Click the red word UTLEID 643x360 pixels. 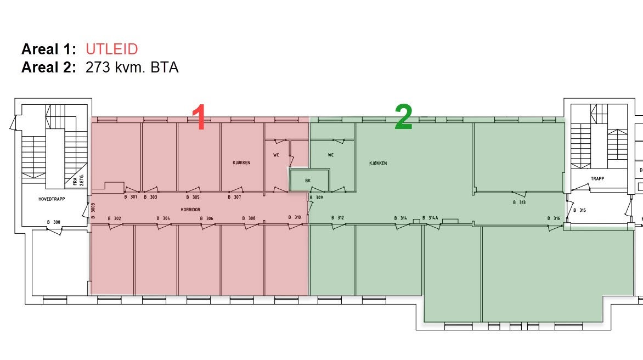(111, 49)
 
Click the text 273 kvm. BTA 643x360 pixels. (132, 67)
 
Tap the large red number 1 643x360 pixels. (199, 117)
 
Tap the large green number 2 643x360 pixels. (403, 117)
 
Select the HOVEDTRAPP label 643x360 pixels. (52, 199)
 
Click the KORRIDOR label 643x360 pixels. (191, 210)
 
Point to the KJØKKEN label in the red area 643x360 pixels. (241, 163)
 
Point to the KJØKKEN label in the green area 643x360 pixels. (378, 163)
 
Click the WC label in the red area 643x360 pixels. (276, 155)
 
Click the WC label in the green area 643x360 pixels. (331, 155)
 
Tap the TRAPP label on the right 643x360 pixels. (597, 179)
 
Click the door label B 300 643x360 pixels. (54, 222)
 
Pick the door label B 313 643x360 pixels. (519, 203)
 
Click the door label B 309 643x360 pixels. (316, 198)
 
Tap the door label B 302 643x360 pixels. (115, 218)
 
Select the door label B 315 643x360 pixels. (580, 210)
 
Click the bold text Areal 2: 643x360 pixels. (49, 67)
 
